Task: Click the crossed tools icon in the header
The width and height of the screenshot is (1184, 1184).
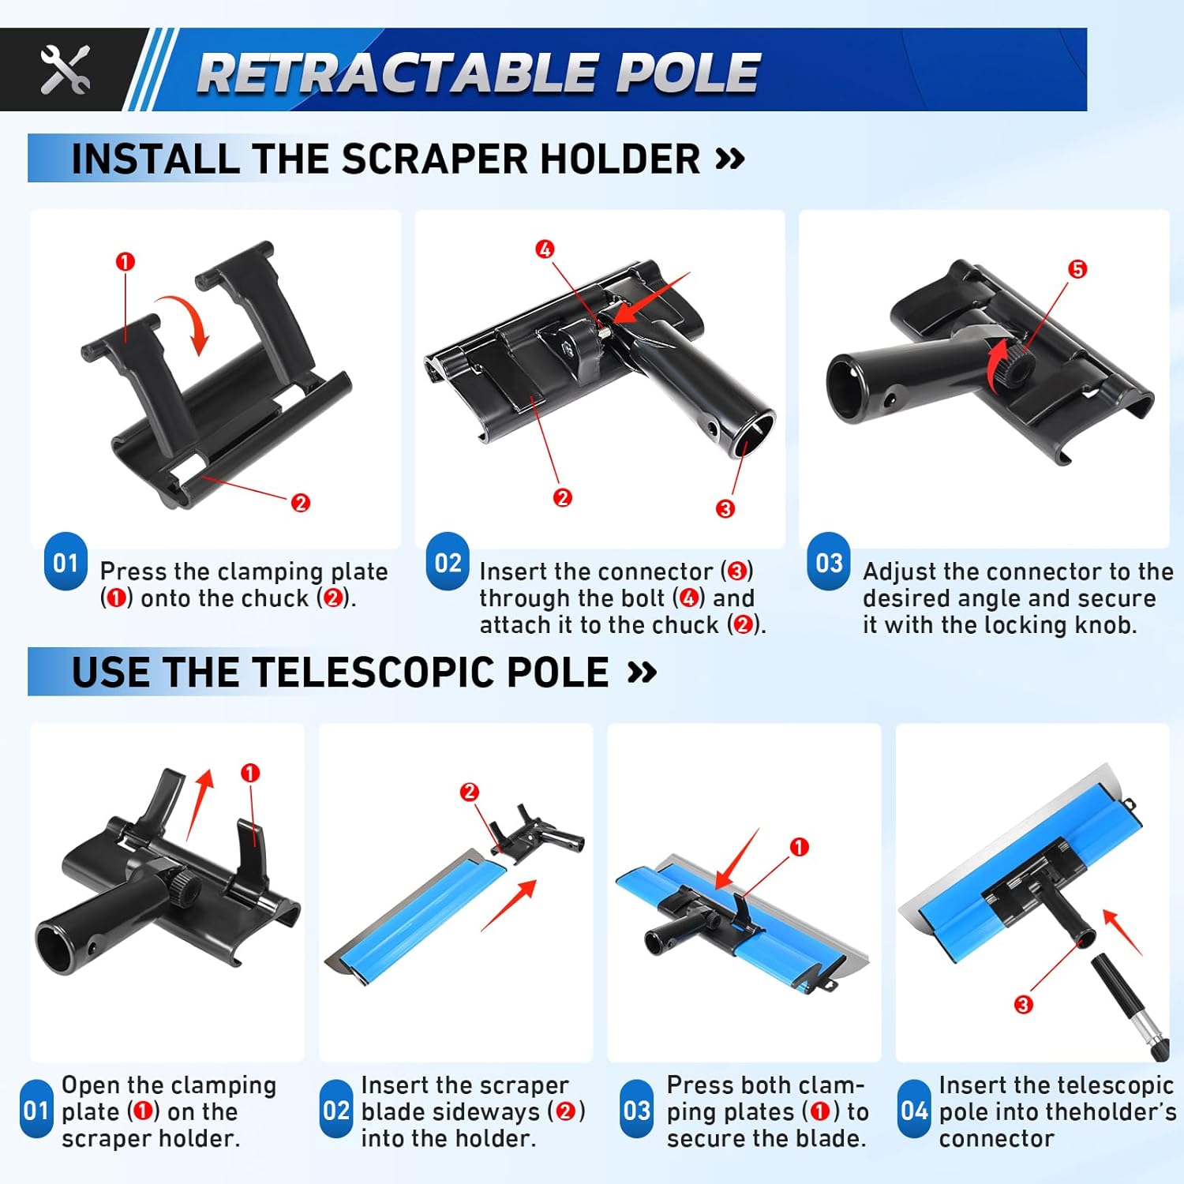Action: coord(65,70)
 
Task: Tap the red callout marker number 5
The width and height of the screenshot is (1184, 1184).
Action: coord(1077,269)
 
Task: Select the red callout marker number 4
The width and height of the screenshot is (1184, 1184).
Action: coord(545,249)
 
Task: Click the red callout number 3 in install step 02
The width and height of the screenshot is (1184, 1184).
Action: coord(725,509)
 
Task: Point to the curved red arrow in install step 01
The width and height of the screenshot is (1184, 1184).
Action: coord(186,321)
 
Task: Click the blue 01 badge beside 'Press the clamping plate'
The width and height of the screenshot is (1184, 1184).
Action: coord(66,563)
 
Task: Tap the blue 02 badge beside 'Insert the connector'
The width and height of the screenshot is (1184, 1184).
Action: coord(448,563)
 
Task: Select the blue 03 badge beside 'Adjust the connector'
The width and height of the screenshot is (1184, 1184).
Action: coord(829,563)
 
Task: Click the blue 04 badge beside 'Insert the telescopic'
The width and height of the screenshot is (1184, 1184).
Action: coord(914,1111)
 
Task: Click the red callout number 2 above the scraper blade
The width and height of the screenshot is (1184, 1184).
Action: coord(469,792)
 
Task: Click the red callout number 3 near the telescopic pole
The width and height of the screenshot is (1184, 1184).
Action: coord(1023,1004)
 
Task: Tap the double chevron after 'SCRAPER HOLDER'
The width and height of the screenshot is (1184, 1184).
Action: coord(729,159)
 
